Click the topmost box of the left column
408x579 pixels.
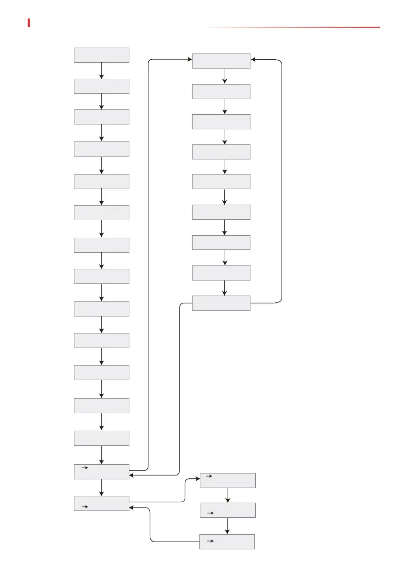[101, 55]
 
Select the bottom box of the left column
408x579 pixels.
[101, 503]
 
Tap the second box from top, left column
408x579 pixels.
[101, 87]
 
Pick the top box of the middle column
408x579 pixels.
[221, 61]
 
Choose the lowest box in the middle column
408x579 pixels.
[221, 303]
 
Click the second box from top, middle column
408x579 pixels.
[221, 91]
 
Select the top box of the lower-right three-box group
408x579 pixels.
[227, 480]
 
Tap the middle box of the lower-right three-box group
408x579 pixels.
[227, 510]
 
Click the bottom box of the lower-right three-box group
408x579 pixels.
[227, 542]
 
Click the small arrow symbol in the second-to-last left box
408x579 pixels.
[84, 468]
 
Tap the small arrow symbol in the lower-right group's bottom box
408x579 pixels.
[210, 540]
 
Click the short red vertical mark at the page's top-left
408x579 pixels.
[29, 23]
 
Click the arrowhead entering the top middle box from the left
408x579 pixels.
[189, 60]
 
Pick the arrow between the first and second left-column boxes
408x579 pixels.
[101, 71]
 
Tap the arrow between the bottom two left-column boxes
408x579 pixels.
[101, 488]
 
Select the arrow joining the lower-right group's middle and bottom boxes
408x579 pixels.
[227, 526]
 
